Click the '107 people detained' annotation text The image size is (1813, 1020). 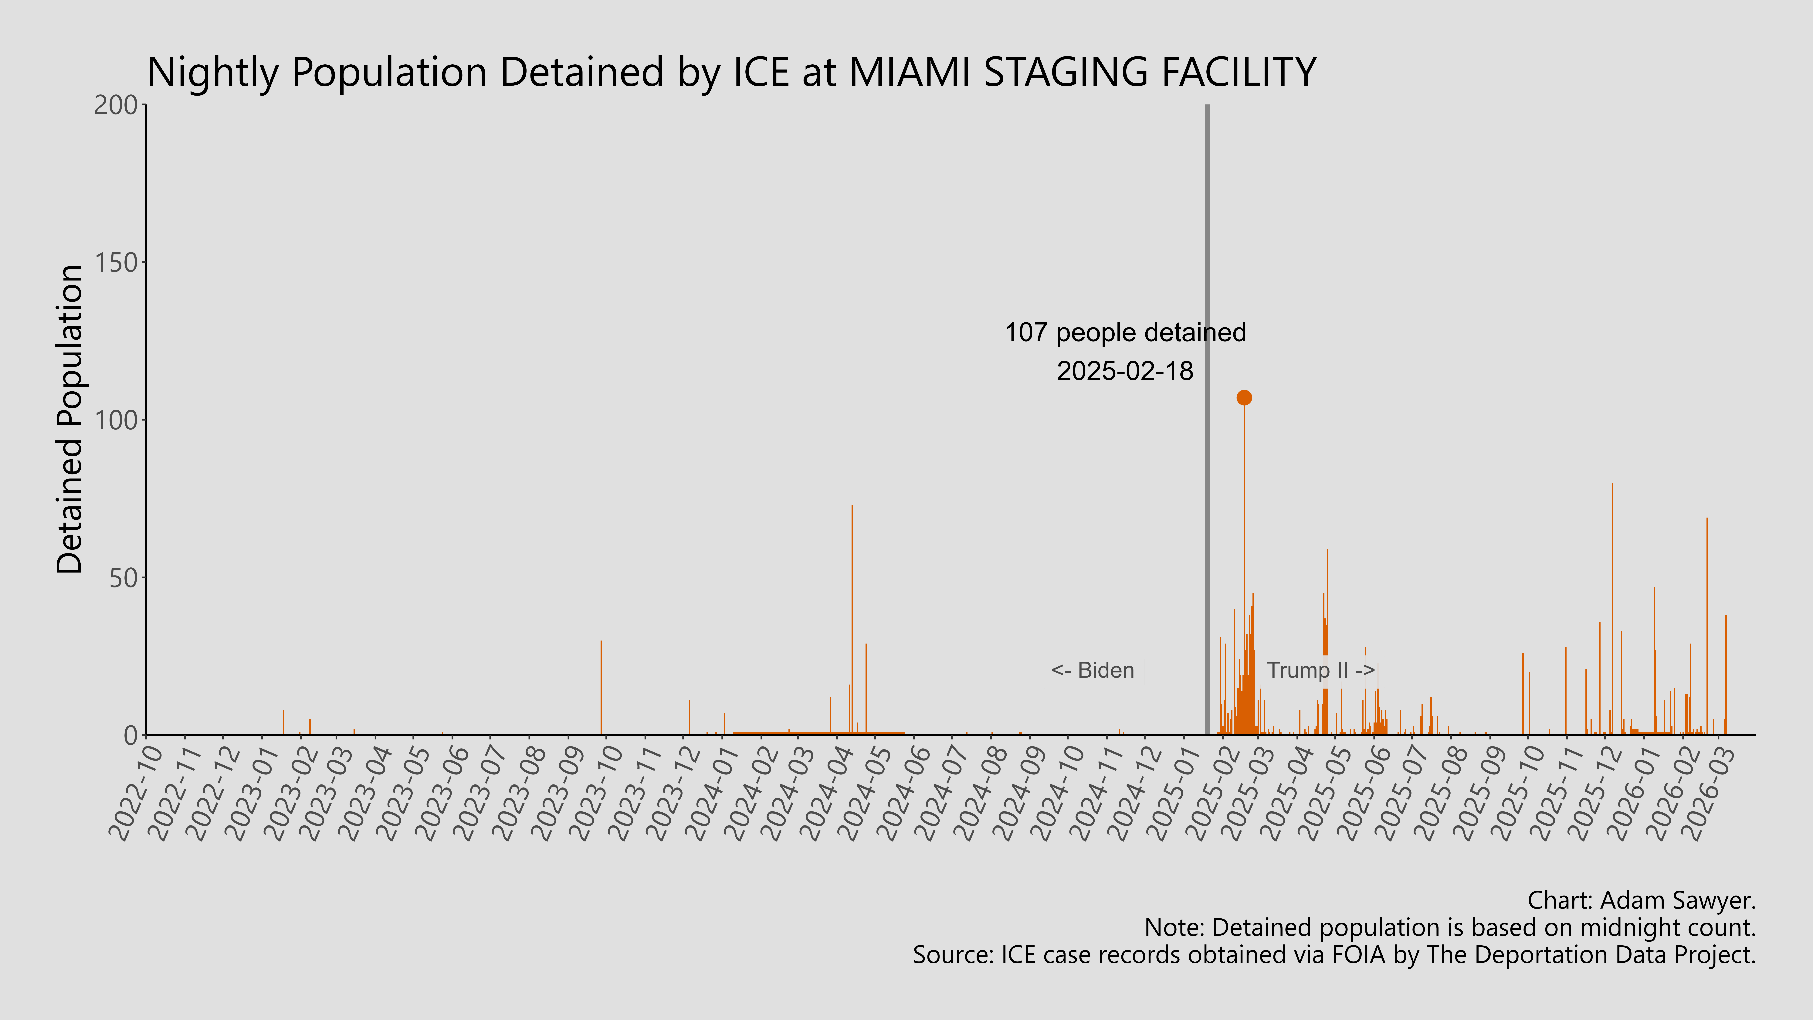pos(1125,333)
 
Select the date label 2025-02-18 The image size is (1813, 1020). pos(1125,371)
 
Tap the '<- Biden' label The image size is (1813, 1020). pos(1092,670)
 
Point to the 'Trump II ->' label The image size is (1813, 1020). pos(1320,670)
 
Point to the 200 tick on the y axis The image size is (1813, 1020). pos(116,105)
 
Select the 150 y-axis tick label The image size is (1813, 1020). pos(116,263)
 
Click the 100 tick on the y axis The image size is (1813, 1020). pos(116,420)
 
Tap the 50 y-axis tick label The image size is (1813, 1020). pos(123,578)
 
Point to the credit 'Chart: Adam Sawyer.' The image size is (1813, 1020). pos(1641,900)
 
